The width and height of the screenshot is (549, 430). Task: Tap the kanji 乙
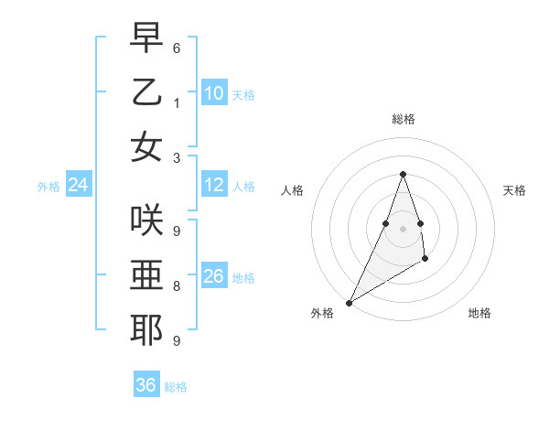pyautogui.click(x=146, y=92)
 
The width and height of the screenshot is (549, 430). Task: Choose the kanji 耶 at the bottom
pyautogui.click(x=146, y=329)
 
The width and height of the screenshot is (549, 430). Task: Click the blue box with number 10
pyautogui.click(x=214, y=92)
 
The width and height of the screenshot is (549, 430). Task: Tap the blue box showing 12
pyautogui.click(x=214, y=186)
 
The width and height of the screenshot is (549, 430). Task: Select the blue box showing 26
pyautogui.click(x=214, y=276)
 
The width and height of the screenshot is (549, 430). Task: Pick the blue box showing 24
pyautogui.click(x=79, y=186)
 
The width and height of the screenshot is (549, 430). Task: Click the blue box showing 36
pyautogui.click(x=146, y=385)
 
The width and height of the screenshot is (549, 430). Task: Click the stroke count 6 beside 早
pyautogui.click(x=177, y=48)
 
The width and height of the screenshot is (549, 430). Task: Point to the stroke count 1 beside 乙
pyautogui.click(x=177, y=102)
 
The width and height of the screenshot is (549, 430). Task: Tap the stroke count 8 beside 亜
pyautogui.click(x=177, y=285)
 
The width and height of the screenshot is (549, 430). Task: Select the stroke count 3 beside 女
pyautogui.click(x=177, y=157)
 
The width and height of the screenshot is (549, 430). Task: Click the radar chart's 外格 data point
pyautogui.click(x=349, y=302)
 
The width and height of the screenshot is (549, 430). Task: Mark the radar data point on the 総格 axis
pyautogui.click(x=403, y=174)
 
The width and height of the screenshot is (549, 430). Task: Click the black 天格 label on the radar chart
pyautogui.click(x=514, y=190)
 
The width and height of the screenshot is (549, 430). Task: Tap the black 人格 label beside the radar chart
pyautogui.click(x=293, y=190)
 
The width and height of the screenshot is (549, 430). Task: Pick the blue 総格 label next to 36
pyautogui.click(x=176, y=387)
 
